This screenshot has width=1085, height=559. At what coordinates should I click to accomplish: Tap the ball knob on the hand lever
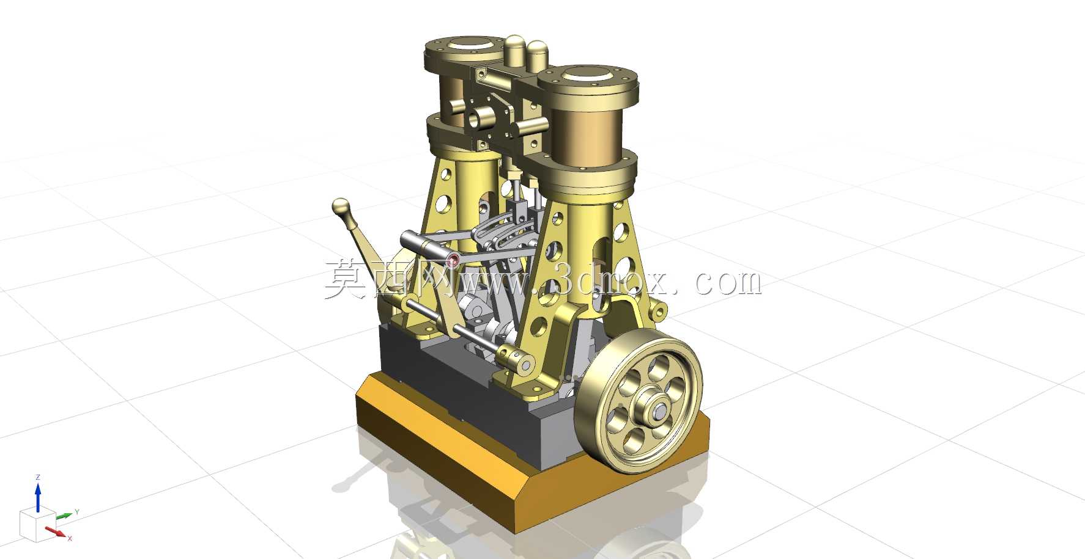click(340, 207)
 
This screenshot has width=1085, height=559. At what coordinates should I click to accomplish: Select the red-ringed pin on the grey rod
click(453, 261)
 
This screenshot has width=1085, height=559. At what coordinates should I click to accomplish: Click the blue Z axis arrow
click(38, 497)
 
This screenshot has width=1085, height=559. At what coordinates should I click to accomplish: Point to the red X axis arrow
click(56, 532)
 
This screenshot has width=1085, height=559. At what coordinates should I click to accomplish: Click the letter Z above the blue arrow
click(38, 477)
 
